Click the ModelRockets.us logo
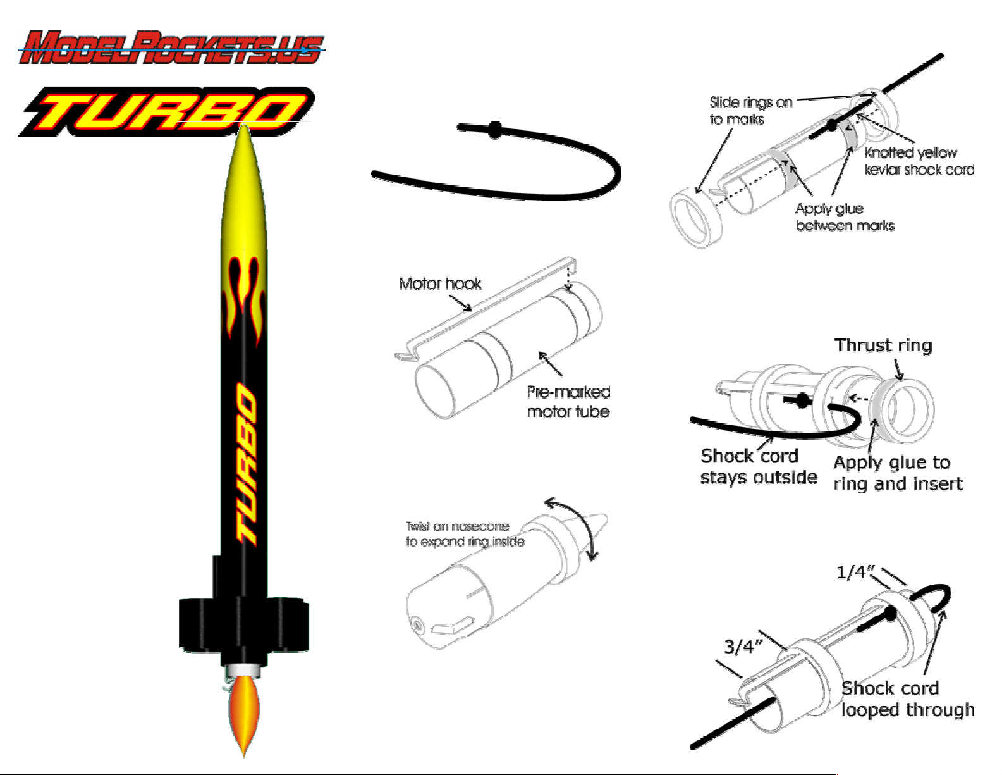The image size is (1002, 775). tap(171, 47)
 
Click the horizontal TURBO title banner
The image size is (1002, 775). tap(167, 111)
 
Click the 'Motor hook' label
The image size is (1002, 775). tap(440, 283)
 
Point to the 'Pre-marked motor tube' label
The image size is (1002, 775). tap(568, 401)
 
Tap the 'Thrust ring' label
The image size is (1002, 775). tap(883, 345)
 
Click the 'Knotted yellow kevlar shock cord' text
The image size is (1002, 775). tap(919, 161)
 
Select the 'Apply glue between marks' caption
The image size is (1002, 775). tap(845, 217)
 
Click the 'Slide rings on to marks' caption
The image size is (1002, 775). tap(750, 111)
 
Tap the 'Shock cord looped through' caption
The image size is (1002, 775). tap(908, 699)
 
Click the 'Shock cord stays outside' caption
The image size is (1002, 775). tap(759, 466)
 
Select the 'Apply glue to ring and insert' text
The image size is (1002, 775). tap(898, 473)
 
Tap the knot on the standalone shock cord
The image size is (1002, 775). tap(495, 130)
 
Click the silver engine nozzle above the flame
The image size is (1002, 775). tap(243, 671)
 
